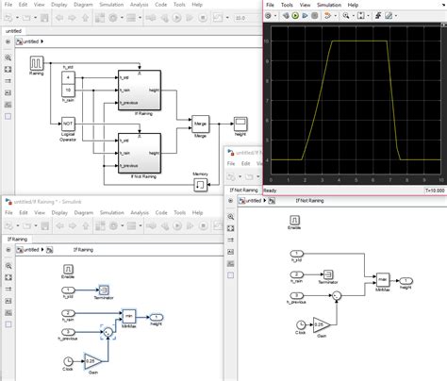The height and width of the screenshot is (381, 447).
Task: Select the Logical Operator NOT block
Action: tap(68, 123)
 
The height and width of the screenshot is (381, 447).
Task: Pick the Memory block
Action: tap(201, 174)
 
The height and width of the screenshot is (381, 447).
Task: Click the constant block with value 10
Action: tap(68, 91)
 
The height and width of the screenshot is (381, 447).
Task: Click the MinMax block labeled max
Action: tap(382, 279)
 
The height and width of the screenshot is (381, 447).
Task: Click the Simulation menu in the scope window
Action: tap(328, 5)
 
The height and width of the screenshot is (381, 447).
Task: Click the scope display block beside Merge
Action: tap(240, 123)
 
